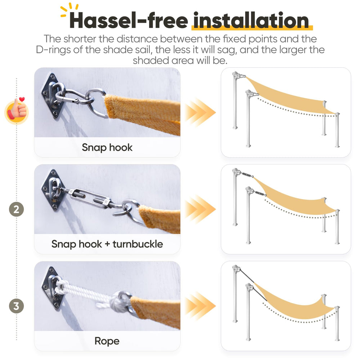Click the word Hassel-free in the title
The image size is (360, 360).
(x=129, y=21)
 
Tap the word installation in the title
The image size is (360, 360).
(x=251, y=21)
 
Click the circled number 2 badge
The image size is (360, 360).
(x=16, y=210)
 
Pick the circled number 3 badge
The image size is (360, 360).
(x=16, y=306)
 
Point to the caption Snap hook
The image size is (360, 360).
(x=107, y=147)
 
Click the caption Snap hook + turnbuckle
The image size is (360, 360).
(x=107, y=244)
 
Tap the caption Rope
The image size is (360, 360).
(x=107, y=341)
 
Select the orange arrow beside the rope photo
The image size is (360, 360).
(x=200, y=306)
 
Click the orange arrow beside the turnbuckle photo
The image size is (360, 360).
(x=200, y=209)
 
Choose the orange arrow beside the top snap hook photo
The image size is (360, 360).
(x=200, y=112)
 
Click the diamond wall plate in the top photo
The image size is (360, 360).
(x=52, y=96)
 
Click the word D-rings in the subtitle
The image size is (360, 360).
(x=53, y=50)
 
